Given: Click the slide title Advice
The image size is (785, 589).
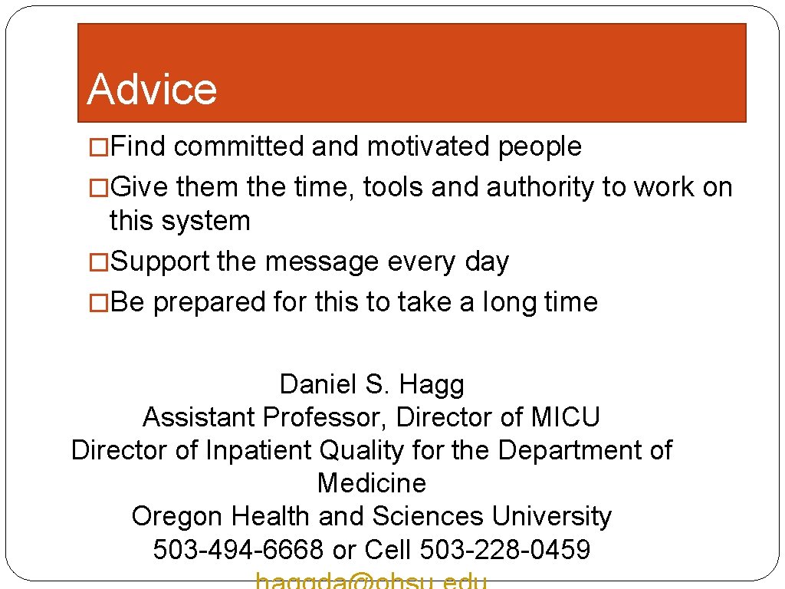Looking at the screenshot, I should (x=152, y=89).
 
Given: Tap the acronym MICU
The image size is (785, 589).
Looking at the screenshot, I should (x=565, y=417).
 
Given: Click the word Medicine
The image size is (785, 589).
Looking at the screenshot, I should (x=372, y=483).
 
